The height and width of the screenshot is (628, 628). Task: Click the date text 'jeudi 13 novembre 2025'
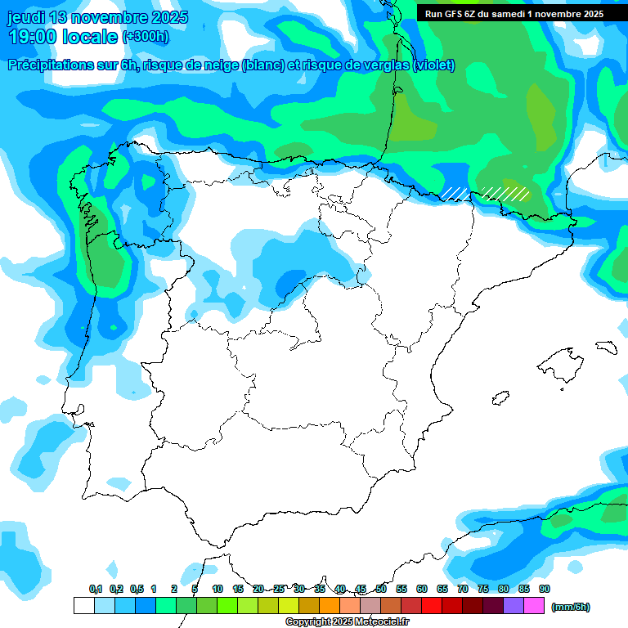tap(97, 17)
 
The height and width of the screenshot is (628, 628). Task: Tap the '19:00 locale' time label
tap(61, 37)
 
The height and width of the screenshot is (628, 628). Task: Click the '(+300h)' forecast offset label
tap(145, 37)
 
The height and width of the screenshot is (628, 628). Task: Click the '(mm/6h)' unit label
tap(571, 607)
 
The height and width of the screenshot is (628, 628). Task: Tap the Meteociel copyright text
tap(348, 622)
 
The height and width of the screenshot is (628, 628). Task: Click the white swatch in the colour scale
tap(83, 606)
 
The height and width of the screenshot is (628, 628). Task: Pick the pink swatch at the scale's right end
tap(534, 606)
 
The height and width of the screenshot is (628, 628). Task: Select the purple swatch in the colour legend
tap(514, 606)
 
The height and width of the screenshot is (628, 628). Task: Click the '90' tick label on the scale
tap(545, 590)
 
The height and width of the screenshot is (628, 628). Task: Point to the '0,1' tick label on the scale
tap(96, 590)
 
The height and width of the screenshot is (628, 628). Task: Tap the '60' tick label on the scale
tap(422, 590)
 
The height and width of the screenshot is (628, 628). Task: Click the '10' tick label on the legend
tap(218, 590)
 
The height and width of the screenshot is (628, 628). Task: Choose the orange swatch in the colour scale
tap(330, 606)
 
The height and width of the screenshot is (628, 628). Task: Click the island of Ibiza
tap(500, 398)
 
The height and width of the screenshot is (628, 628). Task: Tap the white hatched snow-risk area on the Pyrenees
tap(504, 193)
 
